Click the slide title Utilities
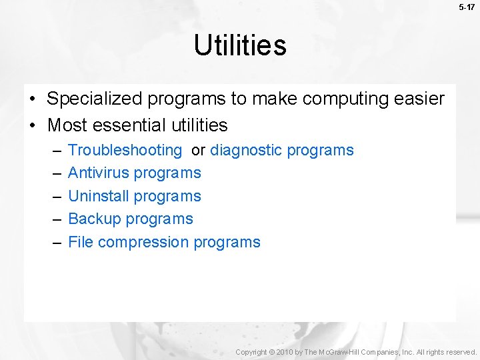pos(240,45)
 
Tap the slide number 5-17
pos(466,7)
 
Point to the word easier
pos(417,99)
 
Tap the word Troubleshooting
pos(125,151)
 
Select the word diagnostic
pos(246,151)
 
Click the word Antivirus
pos(98,173)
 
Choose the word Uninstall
pos(99,196)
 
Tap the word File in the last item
pos(81,242)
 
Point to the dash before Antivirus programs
pos(55,173)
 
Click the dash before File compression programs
pos(55,243)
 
